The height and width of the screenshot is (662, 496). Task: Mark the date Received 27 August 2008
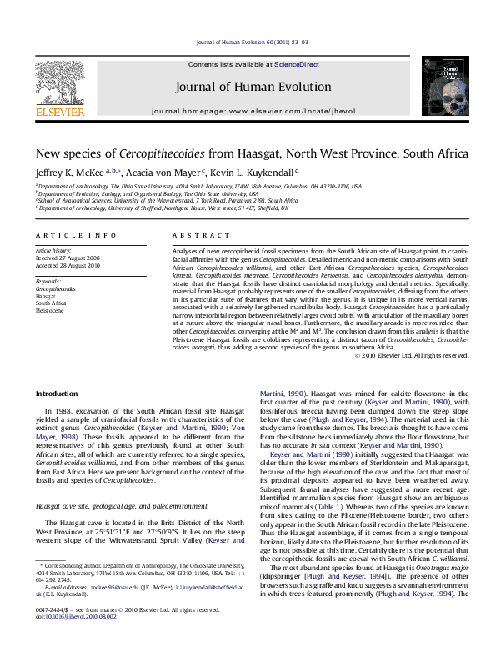(x=70, y=258)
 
